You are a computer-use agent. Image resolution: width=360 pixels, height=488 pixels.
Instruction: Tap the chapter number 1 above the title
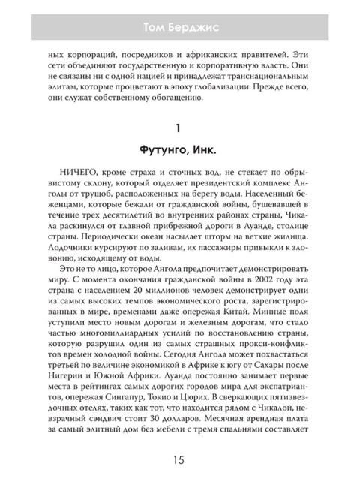coord(179,128)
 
